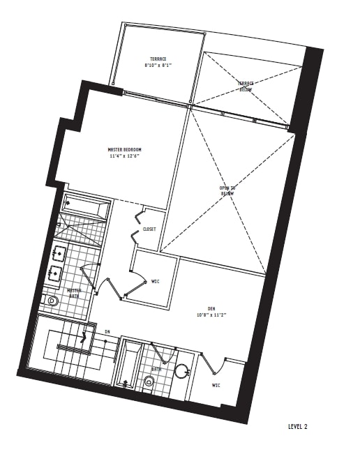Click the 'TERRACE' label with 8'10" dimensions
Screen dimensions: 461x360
(158, 59)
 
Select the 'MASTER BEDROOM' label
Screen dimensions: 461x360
(125, 150)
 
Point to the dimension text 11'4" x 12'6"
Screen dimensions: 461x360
(125, 157)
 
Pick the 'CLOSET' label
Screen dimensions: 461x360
(149, 229)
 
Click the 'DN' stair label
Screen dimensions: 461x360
(107, 332)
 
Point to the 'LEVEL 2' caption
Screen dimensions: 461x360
(297, 426)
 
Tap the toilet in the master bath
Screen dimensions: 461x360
(52, 301)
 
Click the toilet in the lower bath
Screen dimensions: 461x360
(149, 381)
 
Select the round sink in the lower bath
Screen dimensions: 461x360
(183, 372)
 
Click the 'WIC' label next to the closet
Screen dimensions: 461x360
(155, 282)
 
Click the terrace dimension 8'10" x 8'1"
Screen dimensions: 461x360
(158, 66)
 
